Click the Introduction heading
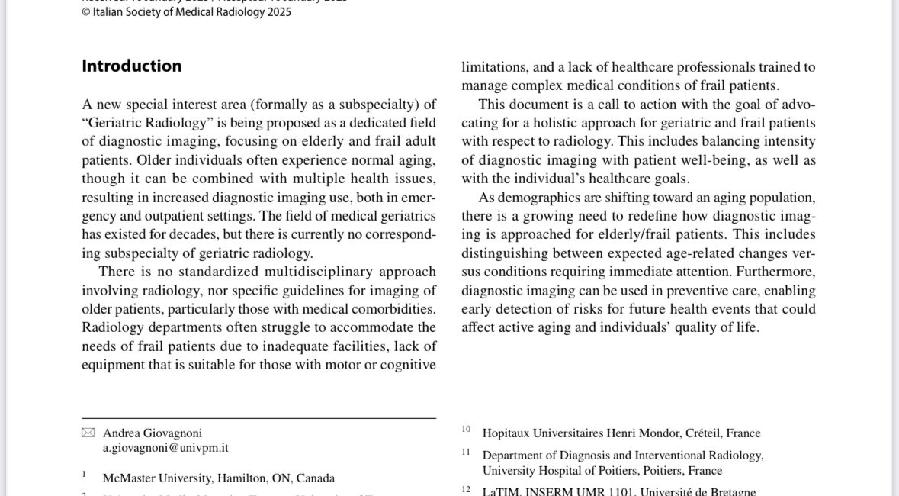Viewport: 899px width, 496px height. (x=132, y=66)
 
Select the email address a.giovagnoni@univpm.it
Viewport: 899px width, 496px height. (x=165, y=448)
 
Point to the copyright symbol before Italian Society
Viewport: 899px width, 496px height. (x=85, y=12)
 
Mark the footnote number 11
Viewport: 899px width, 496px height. (x=466, y=452)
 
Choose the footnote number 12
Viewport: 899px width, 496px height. (x=466, y=489)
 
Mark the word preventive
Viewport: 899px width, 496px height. (x=685, y=291)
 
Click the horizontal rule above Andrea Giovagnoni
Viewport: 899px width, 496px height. (x=259, y=418)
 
